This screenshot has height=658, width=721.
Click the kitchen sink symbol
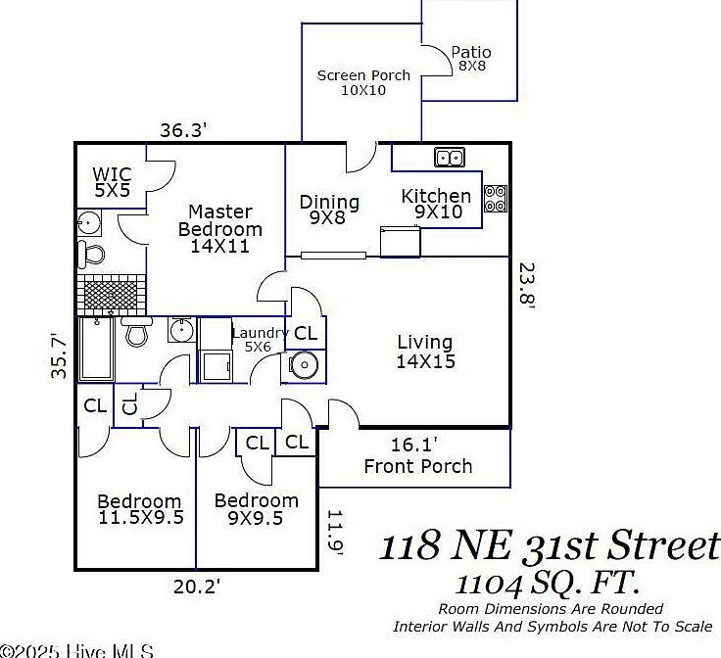coord(450,157)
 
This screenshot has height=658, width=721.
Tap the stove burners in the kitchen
coord(496,199)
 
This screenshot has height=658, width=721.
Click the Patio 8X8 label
coord(471,59)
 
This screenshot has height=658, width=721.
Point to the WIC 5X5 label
coord(112,182)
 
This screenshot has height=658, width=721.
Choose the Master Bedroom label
coord(220,228)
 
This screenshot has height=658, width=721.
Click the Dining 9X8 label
coord(328,210)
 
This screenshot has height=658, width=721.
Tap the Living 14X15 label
coord(425,352)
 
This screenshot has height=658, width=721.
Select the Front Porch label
coord(418,466)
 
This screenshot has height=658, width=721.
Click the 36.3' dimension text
coord(184,129)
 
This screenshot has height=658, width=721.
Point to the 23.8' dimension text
coord(527,286)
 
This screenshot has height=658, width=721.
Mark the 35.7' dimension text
coord(61,354)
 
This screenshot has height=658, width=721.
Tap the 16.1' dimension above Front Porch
coord(413,445)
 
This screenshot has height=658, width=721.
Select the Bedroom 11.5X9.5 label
coord(140,510)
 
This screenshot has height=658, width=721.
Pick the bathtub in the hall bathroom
coord(96,350)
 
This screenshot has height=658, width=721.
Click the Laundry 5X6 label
coord(259,339)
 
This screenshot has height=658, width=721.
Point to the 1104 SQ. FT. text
coord(548,585)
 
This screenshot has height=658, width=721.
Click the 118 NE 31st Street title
coord(550,545)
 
